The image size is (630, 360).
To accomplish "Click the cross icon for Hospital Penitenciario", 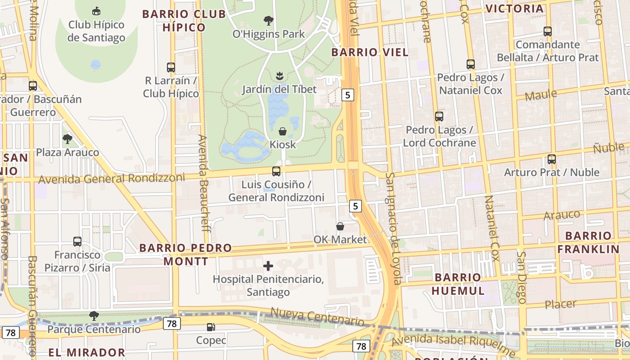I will pyautogui.click(x=268, y=266).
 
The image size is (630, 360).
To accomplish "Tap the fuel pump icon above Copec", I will pyautogui.click(x=211, y=327).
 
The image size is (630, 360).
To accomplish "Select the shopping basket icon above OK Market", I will pyautogui.click(x=340, y=226).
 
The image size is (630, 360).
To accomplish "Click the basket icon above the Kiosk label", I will pyautogui.click(x=283, y=131).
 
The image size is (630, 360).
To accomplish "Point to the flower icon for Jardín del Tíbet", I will pyautogui.click(x=279, y=76).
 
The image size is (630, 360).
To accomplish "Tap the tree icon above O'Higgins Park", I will pyautogui.click(x=269, y=21).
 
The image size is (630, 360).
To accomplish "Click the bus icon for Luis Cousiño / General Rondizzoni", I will pyautogui.click(x=276, y=171).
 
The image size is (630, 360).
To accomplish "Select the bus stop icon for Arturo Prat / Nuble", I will pyautogui.click(x=552, y=159).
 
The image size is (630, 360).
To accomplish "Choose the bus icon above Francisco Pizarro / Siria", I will pyautogui.click(x=77, y=242).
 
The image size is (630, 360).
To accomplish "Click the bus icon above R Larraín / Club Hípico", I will pyautogui.click(x=171, y=67).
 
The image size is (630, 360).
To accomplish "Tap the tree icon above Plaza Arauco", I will pyautogui.click(x=67, y=139).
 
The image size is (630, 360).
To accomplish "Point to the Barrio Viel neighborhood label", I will pyautogui.click(x=370, y=52).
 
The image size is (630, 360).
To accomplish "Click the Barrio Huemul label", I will pyautogui.click(x=458, y=283).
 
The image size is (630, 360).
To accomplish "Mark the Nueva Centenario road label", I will pyautogui.click(x=317, y=317).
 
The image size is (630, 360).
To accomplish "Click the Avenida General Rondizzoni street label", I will pyautogui.click(x=111, y=178).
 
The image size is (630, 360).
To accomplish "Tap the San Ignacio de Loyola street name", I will pyautogui.click(x=393, y=229).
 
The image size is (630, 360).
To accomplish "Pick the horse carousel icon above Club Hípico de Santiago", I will pyautogui.click(x=96, y=11).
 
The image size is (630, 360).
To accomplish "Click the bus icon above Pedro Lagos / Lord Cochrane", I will pyautogui.click(x=439, y=117).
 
